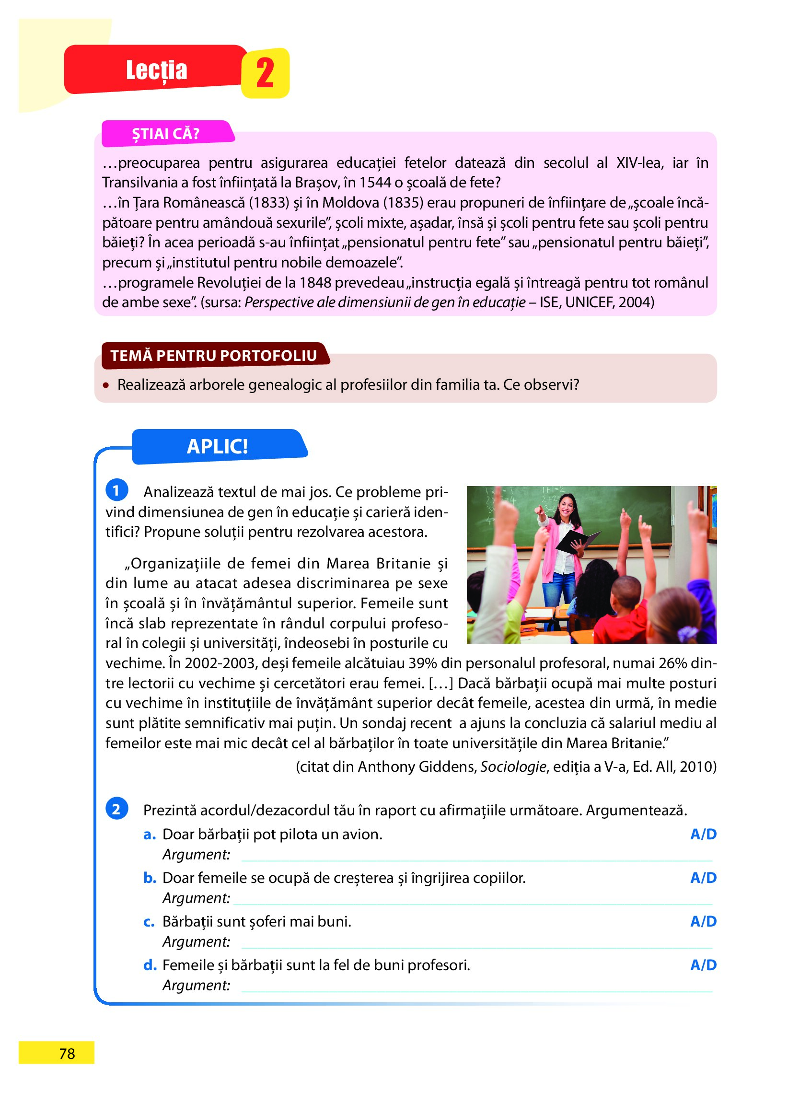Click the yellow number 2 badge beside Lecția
(x=265, y=73)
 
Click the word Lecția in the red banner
(x=157, y=70)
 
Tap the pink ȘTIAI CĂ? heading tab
(x=166, y=134)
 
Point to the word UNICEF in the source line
(x=589, y=302)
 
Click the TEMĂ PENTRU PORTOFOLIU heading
(x=214, y=356)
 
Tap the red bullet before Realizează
(x=105, y=385)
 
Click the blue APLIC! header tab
(x=218, y=446)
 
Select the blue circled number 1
(x=116, y=490)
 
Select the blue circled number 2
(x=116, y=809)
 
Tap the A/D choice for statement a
(x=703, y=834)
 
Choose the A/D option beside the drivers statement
(x=703, y=922)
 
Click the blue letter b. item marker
(x=149, y=878)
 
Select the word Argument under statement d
(x=196, y=985)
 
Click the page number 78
(x=67, y=1054)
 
